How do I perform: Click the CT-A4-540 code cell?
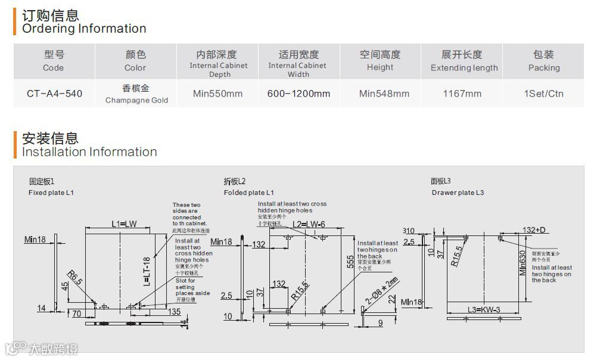click(54, 94)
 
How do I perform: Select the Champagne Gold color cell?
click(136, 94)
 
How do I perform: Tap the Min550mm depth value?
click(218, 94)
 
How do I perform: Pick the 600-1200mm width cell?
click(298, 94)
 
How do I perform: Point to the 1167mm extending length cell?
click(462, 94)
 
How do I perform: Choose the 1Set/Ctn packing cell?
click(543, 94)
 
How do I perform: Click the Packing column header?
click(543, 61)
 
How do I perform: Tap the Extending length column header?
click(464, 61)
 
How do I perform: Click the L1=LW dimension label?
click(124, 224)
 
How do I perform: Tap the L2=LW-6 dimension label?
click(309, 225)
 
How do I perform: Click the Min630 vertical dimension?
click(523, 262)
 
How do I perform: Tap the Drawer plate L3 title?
click(458, 193)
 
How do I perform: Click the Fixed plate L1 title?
click(51, 193)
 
